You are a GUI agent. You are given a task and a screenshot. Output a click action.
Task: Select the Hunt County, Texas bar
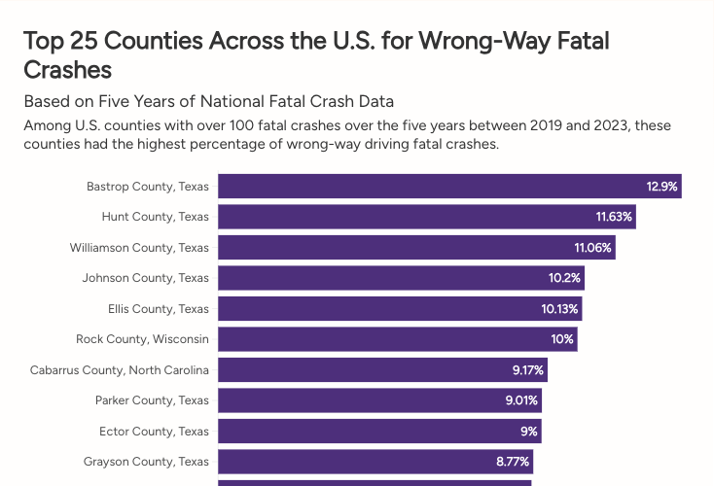point(426,216)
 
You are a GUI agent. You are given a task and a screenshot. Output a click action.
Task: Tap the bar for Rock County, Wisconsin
point(397,339)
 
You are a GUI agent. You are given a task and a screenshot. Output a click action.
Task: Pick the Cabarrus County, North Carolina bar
point(382,370)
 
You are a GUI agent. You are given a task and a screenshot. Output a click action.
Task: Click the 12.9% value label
point(662,186)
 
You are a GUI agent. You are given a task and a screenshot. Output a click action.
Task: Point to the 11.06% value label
point(592,247)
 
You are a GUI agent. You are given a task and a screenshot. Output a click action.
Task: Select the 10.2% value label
point(564,278)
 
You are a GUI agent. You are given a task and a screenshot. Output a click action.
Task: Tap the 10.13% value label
point(560,309)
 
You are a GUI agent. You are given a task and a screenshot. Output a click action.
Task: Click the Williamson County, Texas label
point(139,247)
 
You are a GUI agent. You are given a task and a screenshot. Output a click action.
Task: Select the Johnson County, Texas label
point(145,278)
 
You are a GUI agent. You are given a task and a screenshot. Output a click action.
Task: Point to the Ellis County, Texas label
point(159,309)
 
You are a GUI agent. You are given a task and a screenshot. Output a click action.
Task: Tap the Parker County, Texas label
point(152,400)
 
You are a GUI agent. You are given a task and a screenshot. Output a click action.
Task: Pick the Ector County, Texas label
point(154,432)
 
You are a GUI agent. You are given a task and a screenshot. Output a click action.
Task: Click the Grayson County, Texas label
point(146,462)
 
